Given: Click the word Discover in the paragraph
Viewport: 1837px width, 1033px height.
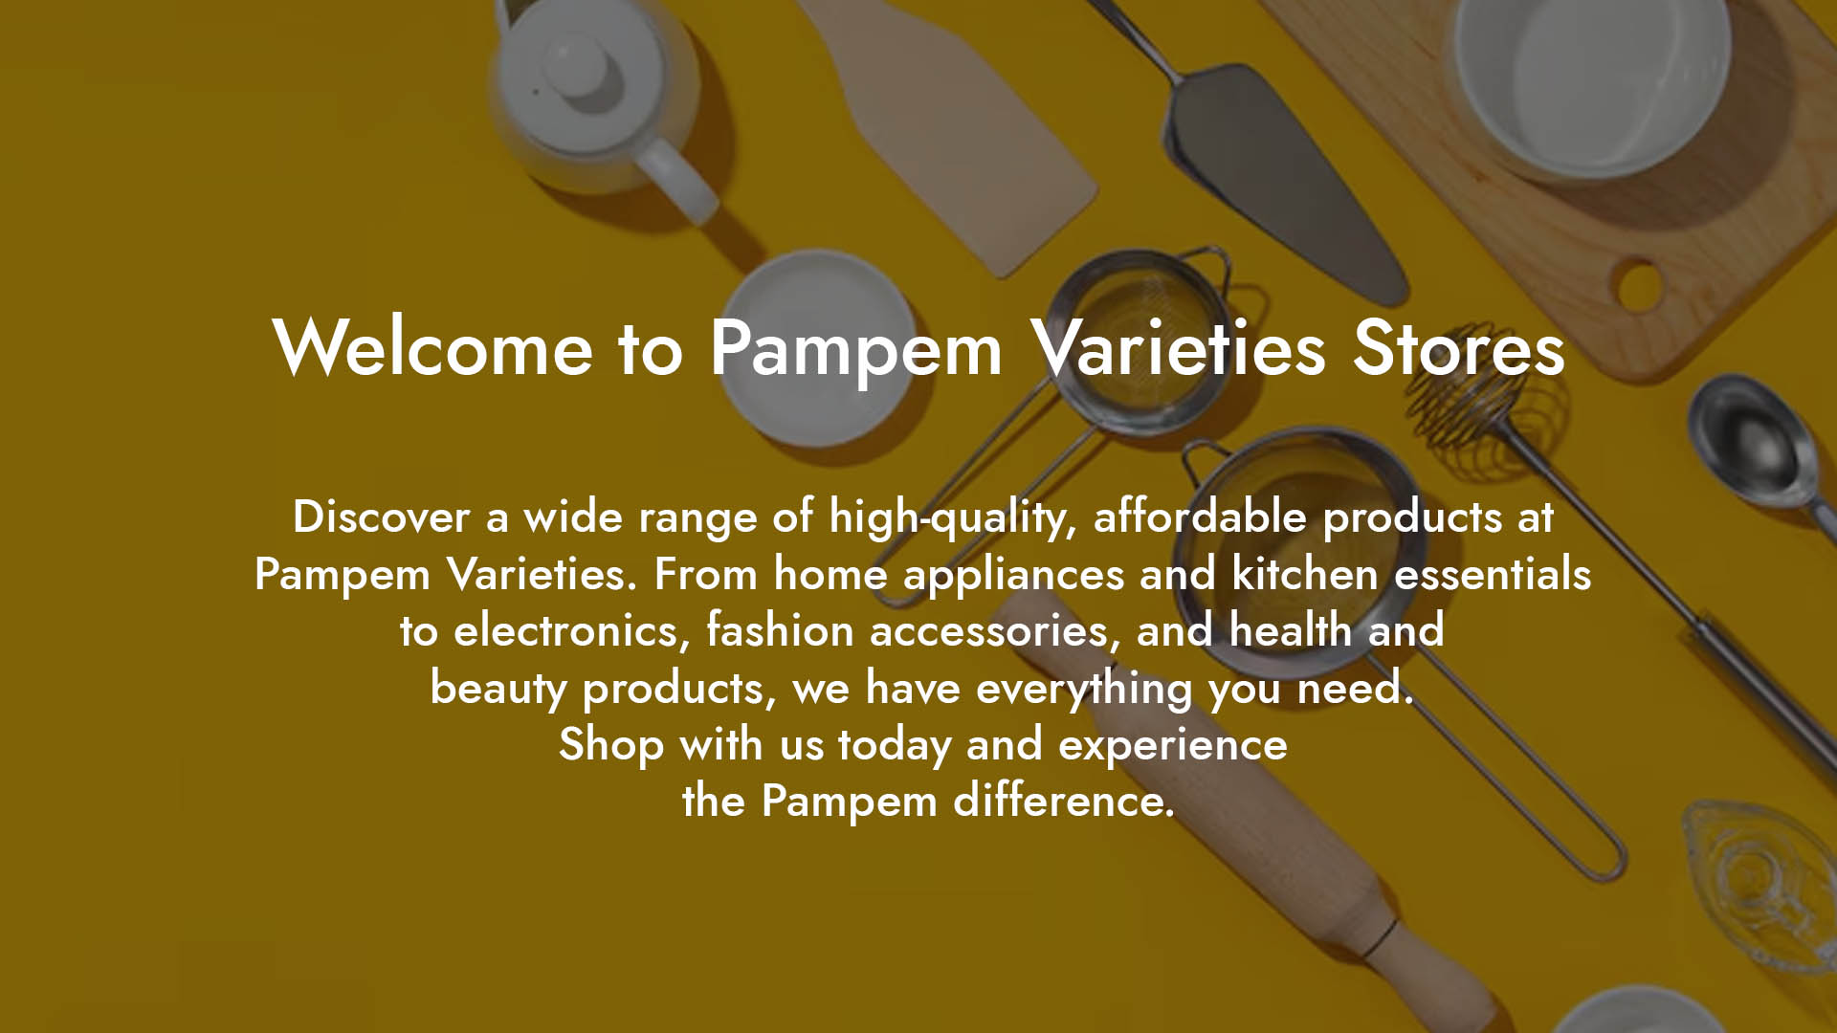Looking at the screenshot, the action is pos(381,516).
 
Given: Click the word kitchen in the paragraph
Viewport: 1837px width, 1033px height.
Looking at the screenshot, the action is pos(1305,573).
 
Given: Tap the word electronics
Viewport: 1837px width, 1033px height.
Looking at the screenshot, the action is pos(571,630).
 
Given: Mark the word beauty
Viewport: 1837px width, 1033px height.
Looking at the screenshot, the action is pos(498,689).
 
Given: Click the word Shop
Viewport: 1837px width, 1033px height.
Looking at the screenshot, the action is pos(611,745).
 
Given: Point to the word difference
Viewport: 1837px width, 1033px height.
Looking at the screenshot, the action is pos(1064,800).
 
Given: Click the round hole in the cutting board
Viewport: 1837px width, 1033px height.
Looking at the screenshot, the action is pos(1638,284).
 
